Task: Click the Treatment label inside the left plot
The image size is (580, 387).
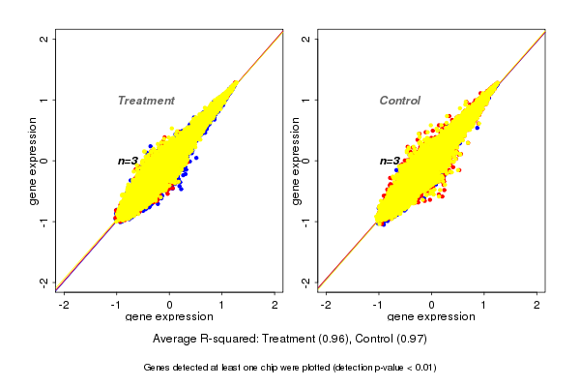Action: (x=146, y=101)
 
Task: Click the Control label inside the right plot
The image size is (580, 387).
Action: (x=399, y=101)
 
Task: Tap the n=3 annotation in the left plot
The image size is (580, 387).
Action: (x=128, y=161)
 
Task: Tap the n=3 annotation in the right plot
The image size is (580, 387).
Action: (x=390, y=162)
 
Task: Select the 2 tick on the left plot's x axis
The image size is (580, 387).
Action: (x=276, y=305)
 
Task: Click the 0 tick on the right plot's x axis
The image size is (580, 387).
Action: (x=432, y=305)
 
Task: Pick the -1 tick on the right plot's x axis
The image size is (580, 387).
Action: (x=378, y=305)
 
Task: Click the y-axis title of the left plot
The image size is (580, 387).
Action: (x=33, y=161)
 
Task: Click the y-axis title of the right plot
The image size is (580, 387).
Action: (x=295, y=161)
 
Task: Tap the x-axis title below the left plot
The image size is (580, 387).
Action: (x=169, y=317)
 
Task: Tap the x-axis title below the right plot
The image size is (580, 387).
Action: (x=431, y=317)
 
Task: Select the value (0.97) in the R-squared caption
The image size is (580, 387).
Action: (x=410, y=340)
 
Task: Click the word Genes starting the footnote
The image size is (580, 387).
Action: (x=158, y=368)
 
